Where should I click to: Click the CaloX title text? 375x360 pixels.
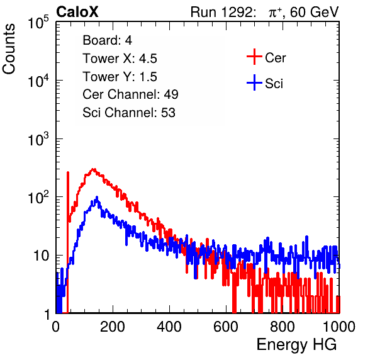pyautogui.click(x=77, y=12)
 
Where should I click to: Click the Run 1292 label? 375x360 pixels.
pyautogui.click(x=221, y=12)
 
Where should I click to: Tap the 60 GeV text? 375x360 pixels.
pyautogui.click(x=315, y=12)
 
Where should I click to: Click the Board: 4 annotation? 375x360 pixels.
pyautogui.click(x=107, y=40)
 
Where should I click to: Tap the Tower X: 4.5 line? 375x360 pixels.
pyautogui.click(x=120, y=59)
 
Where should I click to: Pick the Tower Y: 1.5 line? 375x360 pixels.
pyautogui.click(x=120, y=77)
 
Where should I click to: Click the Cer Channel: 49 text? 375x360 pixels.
pyautogui.click(x=130, y=94)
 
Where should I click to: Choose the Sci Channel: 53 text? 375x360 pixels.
pyautogui.click(x=129, y=113)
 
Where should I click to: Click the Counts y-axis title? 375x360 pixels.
pyautogui.click(x=9, y=49)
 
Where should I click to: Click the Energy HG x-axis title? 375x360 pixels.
pyautogui.click(x=296, y=345)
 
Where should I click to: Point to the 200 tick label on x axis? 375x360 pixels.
pyautogui.click(x=113, y=327)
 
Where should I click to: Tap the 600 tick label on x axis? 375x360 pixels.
pyautogui.click(x=226, y=327)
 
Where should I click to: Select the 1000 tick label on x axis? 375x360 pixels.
pyautogui.click(x=339, y=327)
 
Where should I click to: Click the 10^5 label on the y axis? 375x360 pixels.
pyautogui.click(x=38, y=23)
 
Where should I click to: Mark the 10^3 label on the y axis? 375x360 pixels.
pyautogui.click(x=38, y=140)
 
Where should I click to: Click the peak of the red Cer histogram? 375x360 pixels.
pyautogui.click(x=94, y=169)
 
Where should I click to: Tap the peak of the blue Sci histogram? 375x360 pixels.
pyautogui.click(x=97, y=198)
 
